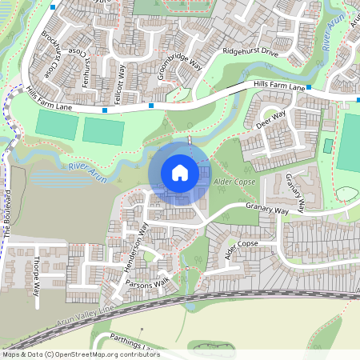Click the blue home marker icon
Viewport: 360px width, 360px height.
[179, 172]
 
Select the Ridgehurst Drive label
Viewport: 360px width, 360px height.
[250, 51]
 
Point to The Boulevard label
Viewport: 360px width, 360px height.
[8, 216]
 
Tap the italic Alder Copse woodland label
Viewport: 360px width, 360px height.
[234, 183]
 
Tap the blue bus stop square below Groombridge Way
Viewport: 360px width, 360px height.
[150, 105]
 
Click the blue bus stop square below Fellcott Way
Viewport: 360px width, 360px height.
[105, 110]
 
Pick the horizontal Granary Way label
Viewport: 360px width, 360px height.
[266, 210]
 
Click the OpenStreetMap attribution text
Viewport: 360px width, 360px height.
[82, 354]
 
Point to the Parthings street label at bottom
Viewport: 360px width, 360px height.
[131, 342]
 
